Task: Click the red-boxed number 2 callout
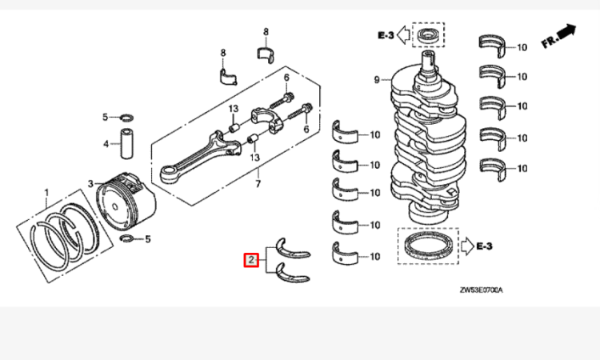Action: pyautogui.click(x=251, y=259)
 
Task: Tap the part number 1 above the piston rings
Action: pyautogui.click(x=46, y=192)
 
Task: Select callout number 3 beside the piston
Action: pyautogui.click(x=90, y=184)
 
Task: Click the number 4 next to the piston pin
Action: pyautogui.click(x=105, y=144)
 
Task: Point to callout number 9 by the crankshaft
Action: pyautogui.click(x=376, y=79)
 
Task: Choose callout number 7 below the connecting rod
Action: pyautogui.click(x=258, y=185)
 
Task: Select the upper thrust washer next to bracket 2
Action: pyautogui.click(x=293, y=247)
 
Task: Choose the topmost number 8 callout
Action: pyautogui.click(x=266, y=31)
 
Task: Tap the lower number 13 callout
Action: pyautogui.click(x=256, y=158)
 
